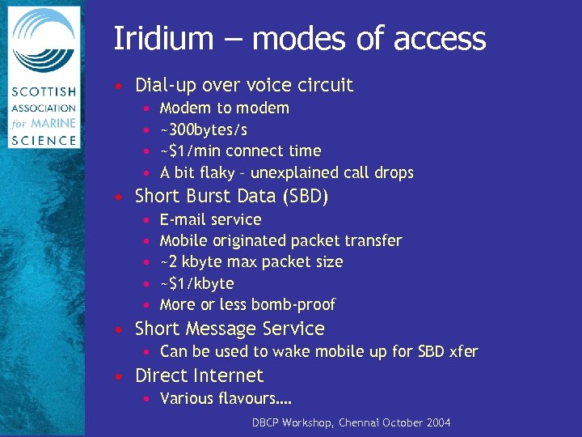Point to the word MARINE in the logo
[x=56, y=124]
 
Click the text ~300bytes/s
[x=204, y=129]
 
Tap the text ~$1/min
[x=191, y=151]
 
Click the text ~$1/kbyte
[x=197, y=283]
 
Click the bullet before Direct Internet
[x=119, y=376]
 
